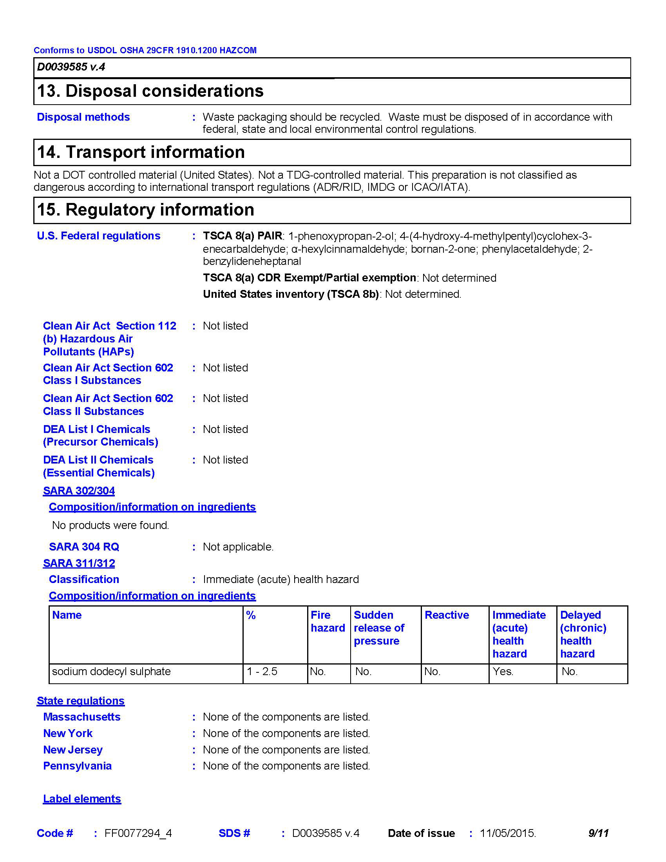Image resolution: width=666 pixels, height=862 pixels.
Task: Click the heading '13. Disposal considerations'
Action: (x=150, y=91)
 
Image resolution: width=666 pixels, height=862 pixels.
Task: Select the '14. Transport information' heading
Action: (x=141, y=152)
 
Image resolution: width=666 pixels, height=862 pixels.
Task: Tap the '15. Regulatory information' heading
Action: (x=146, y=210)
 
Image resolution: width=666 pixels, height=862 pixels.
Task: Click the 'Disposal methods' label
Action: (x=83, y=117)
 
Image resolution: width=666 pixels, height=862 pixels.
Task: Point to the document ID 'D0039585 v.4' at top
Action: (x=71, y=67)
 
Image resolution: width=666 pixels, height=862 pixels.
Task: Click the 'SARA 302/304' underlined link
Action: (x=79, y=491)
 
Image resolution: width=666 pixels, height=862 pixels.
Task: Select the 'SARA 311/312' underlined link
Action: (x=79, y=563)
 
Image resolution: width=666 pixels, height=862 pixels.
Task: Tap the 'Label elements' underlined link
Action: (x=82, y=799)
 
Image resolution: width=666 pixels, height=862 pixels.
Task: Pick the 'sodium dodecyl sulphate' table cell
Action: (x=111, y=671)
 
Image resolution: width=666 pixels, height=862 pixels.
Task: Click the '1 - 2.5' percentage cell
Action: (x=262, y=671)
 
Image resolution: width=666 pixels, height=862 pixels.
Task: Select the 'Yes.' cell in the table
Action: (x=503, y=671)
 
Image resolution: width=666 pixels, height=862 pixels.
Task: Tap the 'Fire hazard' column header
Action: (x=328, y=621)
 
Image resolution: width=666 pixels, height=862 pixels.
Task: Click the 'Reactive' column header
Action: (x=447, y=615)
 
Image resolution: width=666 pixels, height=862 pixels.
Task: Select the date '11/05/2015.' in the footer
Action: (x=508, y=833)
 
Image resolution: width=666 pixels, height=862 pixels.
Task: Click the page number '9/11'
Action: (x=598, y=833)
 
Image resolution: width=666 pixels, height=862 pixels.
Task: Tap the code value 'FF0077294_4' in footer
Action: (x=138, y=833)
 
